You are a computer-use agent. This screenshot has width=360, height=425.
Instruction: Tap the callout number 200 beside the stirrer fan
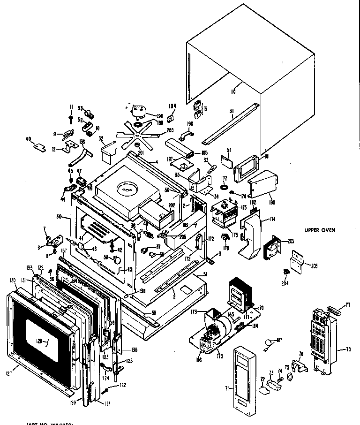[157, 130]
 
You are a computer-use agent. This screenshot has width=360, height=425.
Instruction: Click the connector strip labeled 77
[335, 310]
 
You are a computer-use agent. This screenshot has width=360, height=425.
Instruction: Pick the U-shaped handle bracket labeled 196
[187, 136]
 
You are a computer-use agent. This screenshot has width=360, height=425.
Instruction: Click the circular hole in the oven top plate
[127, 189]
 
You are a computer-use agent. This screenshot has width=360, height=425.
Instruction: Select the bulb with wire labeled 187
[268, 343]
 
